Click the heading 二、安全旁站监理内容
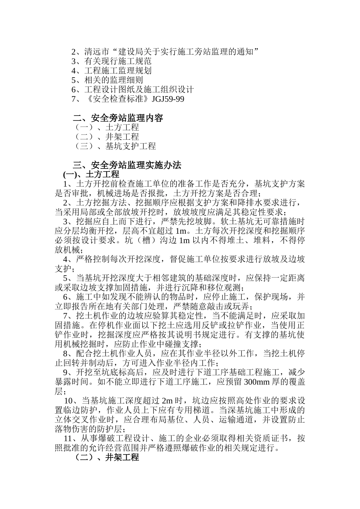click(x=118, y=118)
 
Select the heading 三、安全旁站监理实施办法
click(x=127, y=165)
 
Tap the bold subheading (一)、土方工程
click(x=91, y=175)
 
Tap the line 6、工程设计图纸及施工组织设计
click(x=133, y=90)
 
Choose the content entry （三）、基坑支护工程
click(x=114, y=146)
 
